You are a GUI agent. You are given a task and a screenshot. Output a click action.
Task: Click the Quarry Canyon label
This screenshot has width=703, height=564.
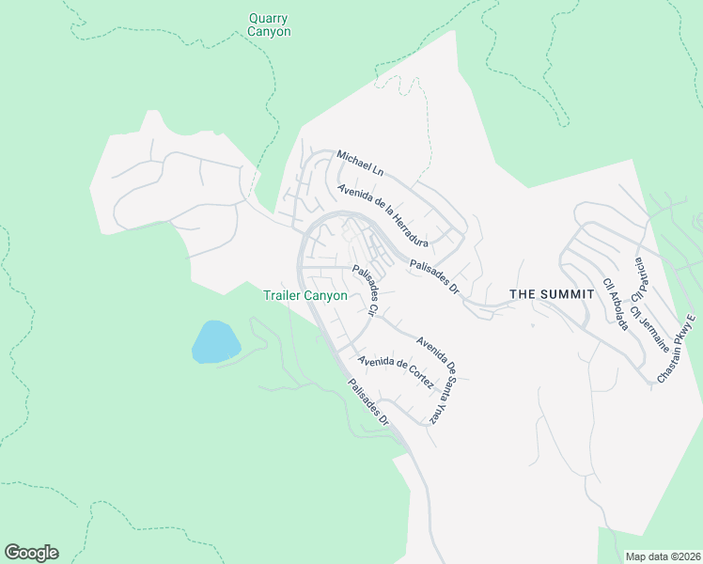click(x=269, y=24)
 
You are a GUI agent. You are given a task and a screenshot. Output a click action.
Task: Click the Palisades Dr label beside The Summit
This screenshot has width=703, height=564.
click(x=433, y=278)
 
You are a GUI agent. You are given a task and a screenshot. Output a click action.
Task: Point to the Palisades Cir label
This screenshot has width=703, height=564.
click(x=365, y=291)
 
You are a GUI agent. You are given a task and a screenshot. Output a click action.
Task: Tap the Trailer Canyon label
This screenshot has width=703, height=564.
click(x=305, y=295)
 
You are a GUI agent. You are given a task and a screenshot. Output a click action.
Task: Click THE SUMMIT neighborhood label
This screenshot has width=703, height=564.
click(x=552, y=294)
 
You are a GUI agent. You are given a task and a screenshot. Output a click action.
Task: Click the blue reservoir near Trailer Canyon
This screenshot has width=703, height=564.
click(x=215, y=341)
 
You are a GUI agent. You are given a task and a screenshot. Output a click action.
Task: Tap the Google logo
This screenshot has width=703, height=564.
click(x=31, y=553)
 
